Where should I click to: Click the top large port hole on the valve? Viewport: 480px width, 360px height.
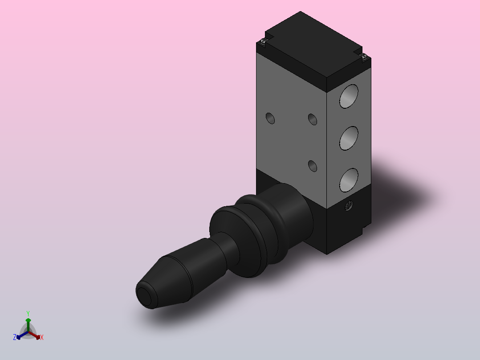point(349,96)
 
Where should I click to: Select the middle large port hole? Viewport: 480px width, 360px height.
point(349,138)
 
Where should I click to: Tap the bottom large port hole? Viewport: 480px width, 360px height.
point(349,180)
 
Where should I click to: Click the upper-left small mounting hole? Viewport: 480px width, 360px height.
point(270,118)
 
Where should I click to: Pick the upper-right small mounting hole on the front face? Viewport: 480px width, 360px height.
point(313,119)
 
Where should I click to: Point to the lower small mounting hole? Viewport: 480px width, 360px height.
point(313,166)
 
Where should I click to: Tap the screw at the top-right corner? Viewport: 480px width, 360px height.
point(363,56)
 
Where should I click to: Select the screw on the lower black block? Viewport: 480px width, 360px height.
point(349,205)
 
